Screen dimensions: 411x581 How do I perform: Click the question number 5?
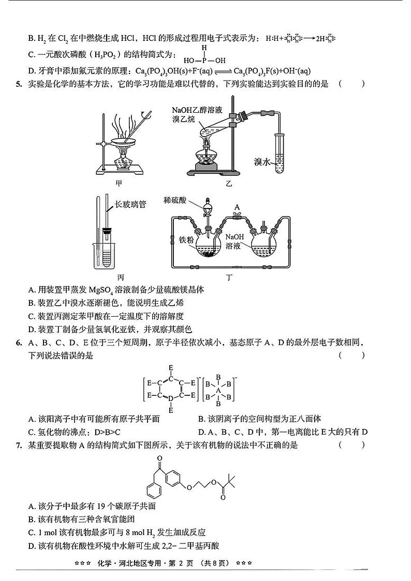(x=19, y=84)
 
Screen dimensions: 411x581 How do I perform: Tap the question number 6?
(x=19, y=342)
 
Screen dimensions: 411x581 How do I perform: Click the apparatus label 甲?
(x=120, y=183)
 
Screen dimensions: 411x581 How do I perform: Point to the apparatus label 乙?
(x=229, y=183)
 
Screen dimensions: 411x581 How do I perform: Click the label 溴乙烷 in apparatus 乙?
(x=186, y=120)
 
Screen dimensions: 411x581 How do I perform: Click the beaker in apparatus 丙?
(x=107, y=254)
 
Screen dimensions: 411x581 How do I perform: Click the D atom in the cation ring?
(x=171, y=398)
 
